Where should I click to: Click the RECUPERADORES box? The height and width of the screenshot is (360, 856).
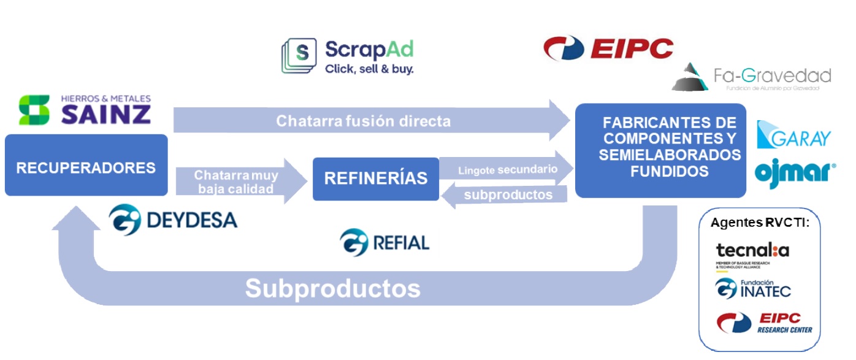86,167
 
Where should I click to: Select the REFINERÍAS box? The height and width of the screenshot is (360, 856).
375,178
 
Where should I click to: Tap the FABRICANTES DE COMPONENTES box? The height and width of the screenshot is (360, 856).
660,150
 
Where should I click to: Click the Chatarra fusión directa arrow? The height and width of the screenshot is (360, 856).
368,121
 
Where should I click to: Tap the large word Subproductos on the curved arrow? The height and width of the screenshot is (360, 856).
332,288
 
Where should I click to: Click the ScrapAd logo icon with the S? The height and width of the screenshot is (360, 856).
299,56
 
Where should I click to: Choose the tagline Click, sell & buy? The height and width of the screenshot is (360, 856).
369,69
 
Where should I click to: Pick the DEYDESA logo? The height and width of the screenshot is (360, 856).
174,220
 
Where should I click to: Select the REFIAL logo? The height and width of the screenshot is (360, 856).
384,242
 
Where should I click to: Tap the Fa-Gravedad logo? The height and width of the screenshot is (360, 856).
751,77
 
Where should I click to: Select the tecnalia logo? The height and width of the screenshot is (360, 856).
752,252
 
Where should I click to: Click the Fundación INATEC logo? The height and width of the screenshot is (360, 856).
753,288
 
